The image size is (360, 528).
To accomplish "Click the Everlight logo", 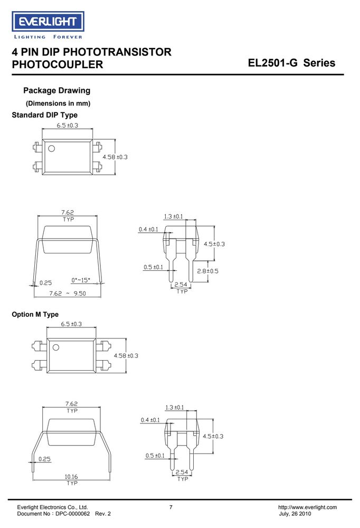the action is coord(48,25).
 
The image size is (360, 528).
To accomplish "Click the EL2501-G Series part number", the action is coord(291,63).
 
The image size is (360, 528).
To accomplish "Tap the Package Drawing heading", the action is coord(56,91).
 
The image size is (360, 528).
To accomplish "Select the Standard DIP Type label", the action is coord(44,115).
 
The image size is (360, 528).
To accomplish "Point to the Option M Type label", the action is coord(35,315).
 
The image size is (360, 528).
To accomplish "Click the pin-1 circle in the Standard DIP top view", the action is coord(52,148).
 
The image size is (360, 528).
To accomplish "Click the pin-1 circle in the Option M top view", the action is coord(56,347).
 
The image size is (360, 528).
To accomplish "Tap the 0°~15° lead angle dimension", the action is coord(81,280).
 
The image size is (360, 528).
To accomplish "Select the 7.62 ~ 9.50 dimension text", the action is coord(68,294).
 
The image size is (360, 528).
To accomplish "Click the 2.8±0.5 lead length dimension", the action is coord(207,271).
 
